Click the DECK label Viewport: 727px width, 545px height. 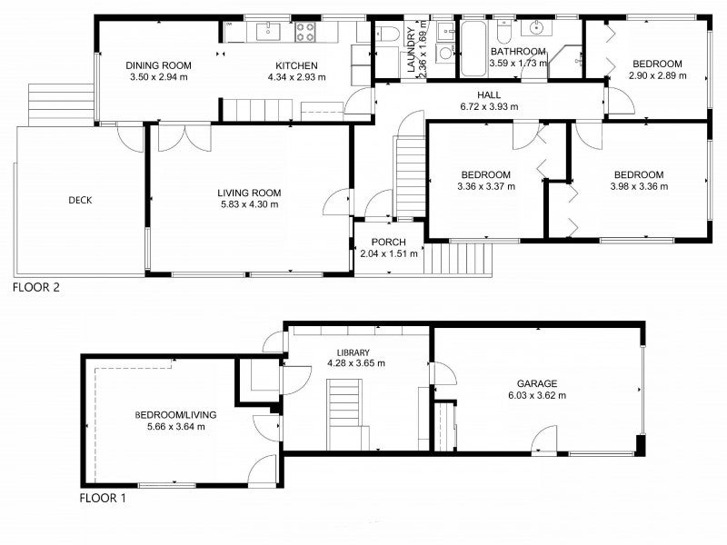click(x=80, y=200)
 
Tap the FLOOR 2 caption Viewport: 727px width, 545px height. click(x=36, y=287)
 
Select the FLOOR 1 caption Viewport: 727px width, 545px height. click(x=103, y=498)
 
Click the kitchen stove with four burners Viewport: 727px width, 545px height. click(x=305, y=32)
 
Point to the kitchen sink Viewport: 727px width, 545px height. click(x=268, y=32)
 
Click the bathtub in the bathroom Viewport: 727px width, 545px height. click(x=473, y=49)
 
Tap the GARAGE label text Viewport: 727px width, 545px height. click(x=537, y=383)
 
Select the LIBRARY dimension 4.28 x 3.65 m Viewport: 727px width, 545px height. click(x=356, y=363)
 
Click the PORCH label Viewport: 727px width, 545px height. click(x=389, y=242)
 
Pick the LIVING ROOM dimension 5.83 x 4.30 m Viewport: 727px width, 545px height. click(x=249, y=204)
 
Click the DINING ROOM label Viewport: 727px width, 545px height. click(x=158, y=65)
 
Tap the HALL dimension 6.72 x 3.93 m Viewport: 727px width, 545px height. click(x=489, y=106)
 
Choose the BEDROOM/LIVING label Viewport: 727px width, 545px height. click(x=175, y=415)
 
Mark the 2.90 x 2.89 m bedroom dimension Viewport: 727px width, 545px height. click(x=657, y=75)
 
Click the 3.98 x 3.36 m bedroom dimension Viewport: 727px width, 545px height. click(x=639, y=186)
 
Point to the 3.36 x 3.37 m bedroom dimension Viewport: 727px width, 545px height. click(x=486, y=186)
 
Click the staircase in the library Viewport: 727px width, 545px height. click(x=344, y=414)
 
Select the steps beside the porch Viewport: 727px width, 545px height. click(x=458, y=260)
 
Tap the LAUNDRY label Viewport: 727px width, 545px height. click(x=411, y=50)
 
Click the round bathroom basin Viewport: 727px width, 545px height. click(x=536, y=28)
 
